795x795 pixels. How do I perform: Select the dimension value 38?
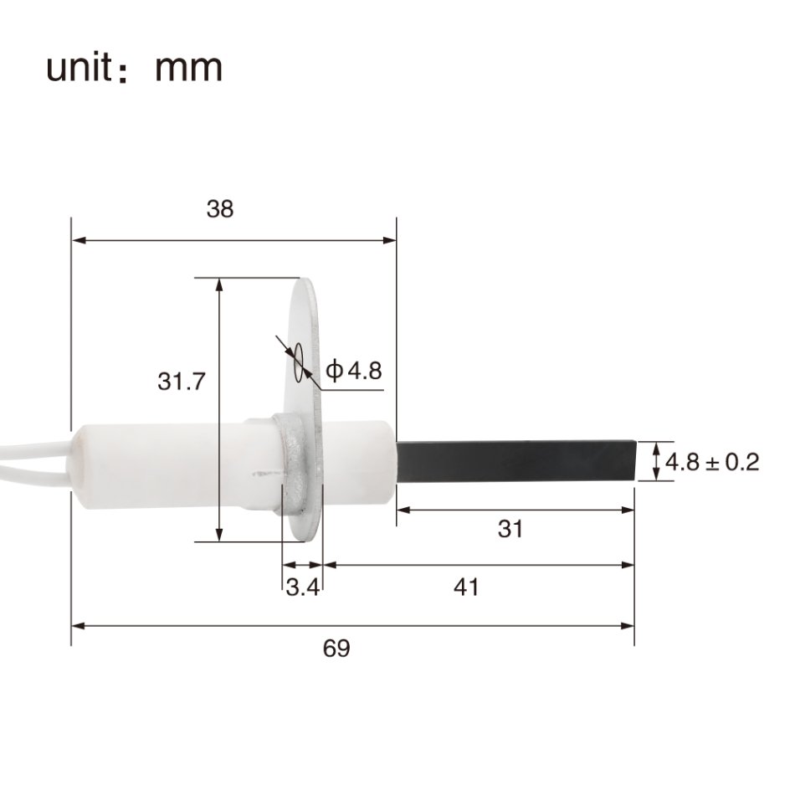coord(220,209)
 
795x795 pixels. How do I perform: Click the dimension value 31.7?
coord(182,382)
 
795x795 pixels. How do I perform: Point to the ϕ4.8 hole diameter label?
coord(353,370)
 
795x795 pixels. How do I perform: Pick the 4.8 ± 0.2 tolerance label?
coord(711,462)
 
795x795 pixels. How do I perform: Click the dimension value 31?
coord(510,529)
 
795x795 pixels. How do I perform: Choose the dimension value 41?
coord(466,587)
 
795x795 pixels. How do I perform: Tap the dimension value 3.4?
coord(302,588)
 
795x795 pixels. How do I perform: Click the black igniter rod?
coord(515,460)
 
